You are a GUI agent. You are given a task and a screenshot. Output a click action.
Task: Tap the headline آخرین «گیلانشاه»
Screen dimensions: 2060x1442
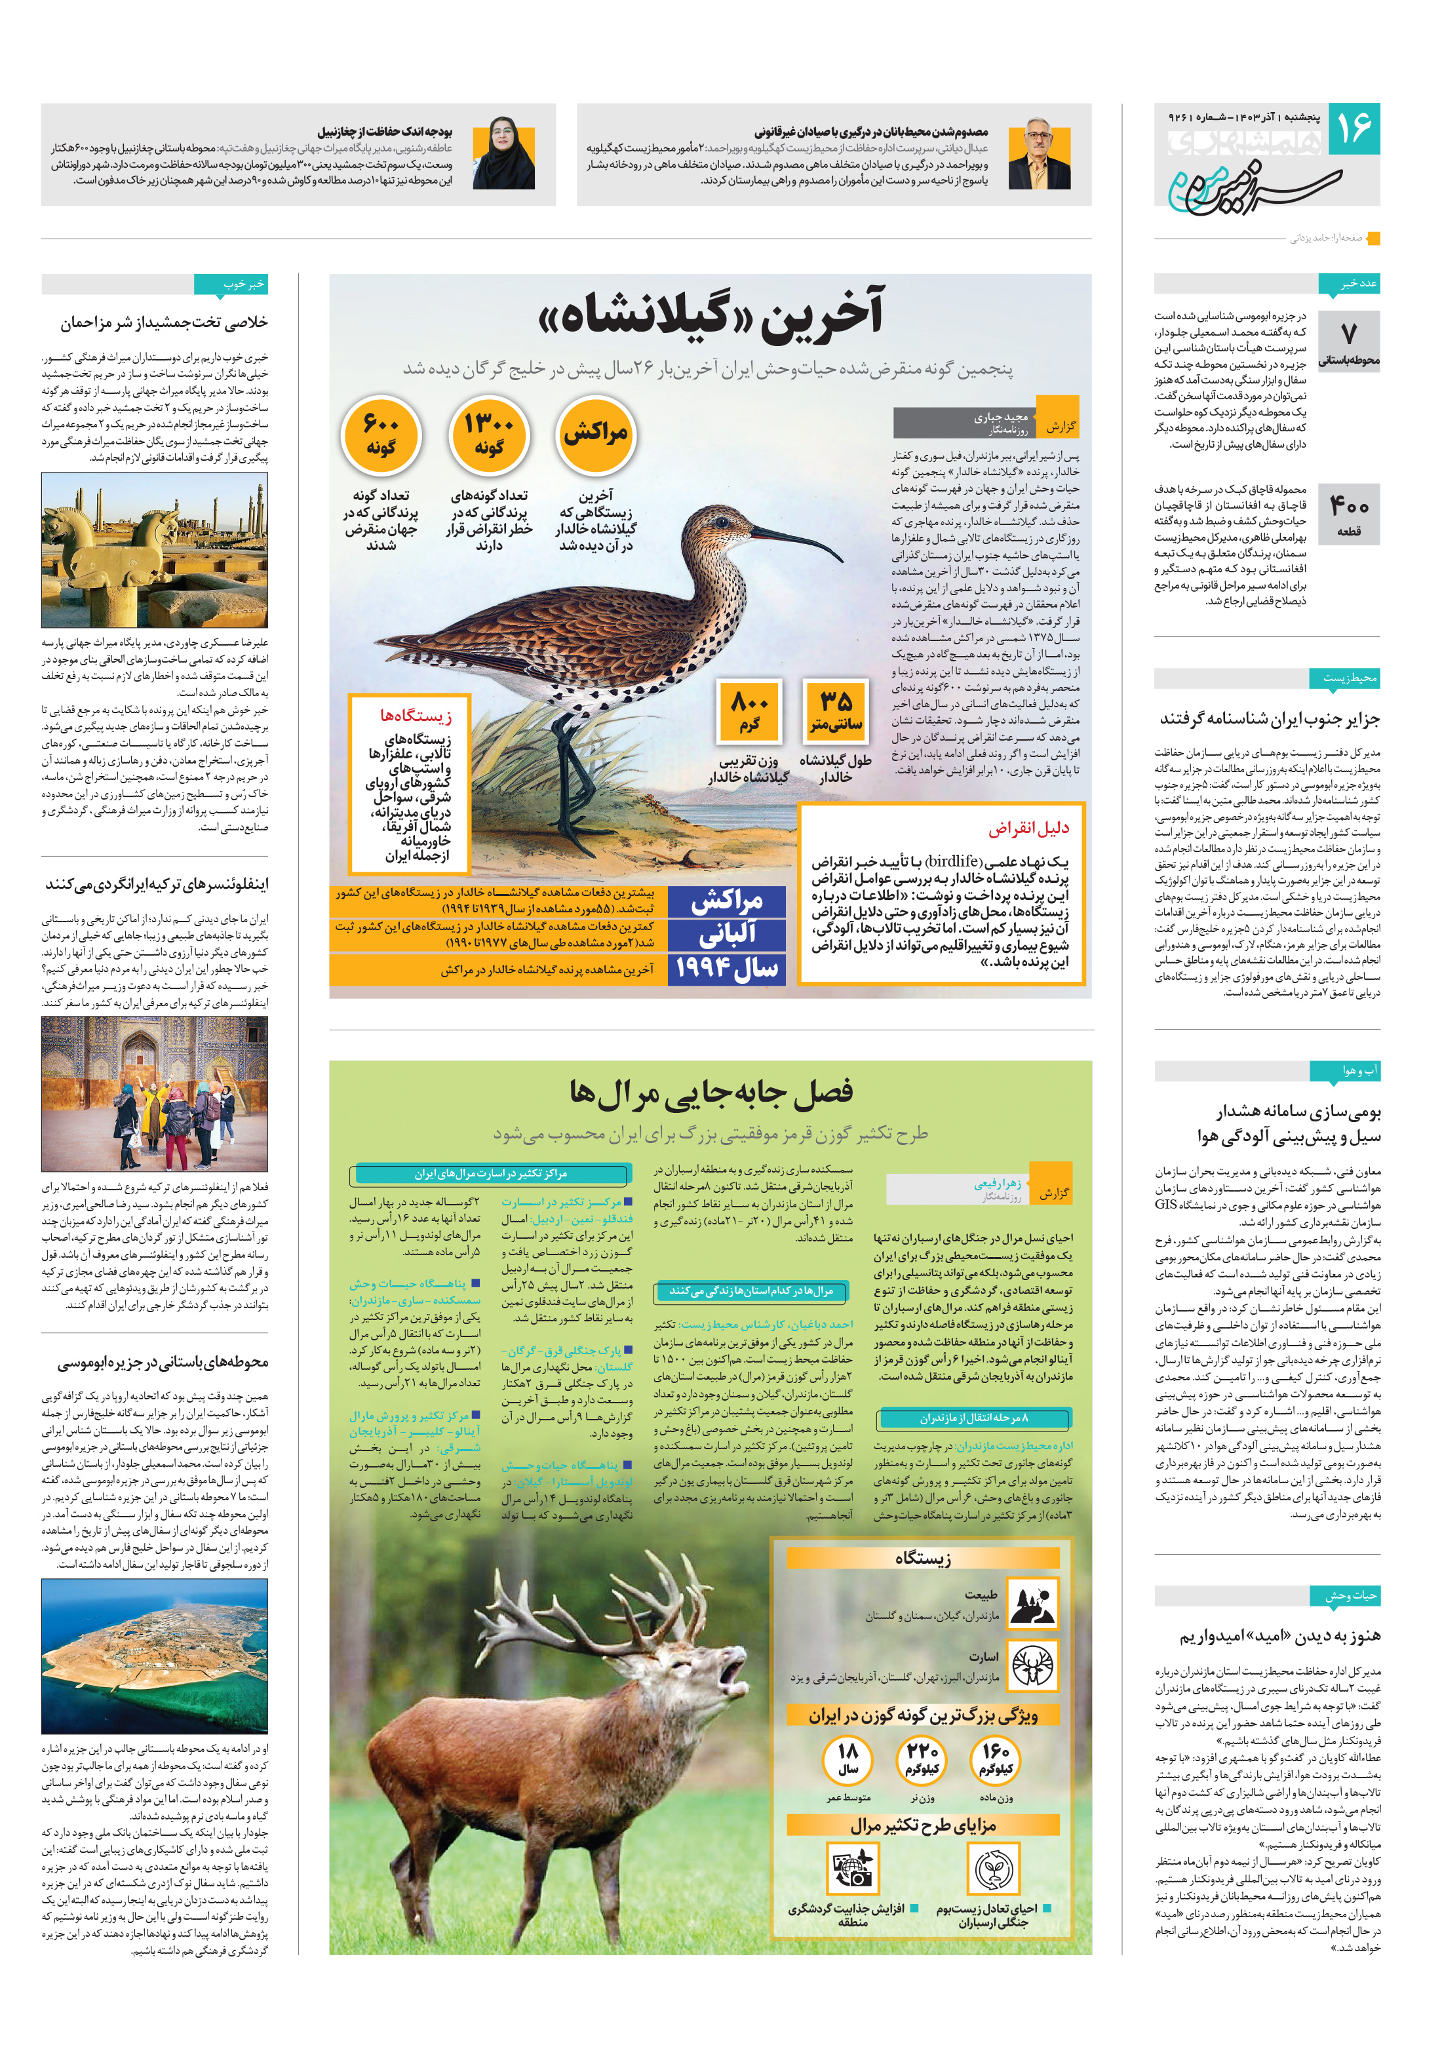(x=710, y=313)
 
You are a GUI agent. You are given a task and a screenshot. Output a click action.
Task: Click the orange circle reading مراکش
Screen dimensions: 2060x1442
(x=596, y=435)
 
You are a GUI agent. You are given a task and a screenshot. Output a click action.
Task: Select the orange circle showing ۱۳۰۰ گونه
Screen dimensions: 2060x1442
(x=489, y=435)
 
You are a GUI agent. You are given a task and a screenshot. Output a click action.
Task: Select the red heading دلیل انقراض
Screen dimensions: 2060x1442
(x=1028, y=828)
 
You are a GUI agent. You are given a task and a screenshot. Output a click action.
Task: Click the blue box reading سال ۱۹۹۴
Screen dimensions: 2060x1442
(x=727, y=968)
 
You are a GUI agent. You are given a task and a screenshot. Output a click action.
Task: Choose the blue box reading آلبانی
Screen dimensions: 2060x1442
(x=727, y=934)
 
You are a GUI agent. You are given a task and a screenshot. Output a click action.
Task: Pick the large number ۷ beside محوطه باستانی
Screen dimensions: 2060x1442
(x=1349, y=332)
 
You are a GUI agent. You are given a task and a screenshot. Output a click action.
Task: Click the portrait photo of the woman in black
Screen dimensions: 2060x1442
(x=504, y=153)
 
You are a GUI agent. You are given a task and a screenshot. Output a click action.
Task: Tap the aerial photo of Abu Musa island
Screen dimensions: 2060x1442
(x=154, y=1656)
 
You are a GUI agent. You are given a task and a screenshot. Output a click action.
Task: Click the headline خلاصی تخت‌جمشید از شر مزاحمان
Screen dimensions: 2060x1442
(x=165, y=322)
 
